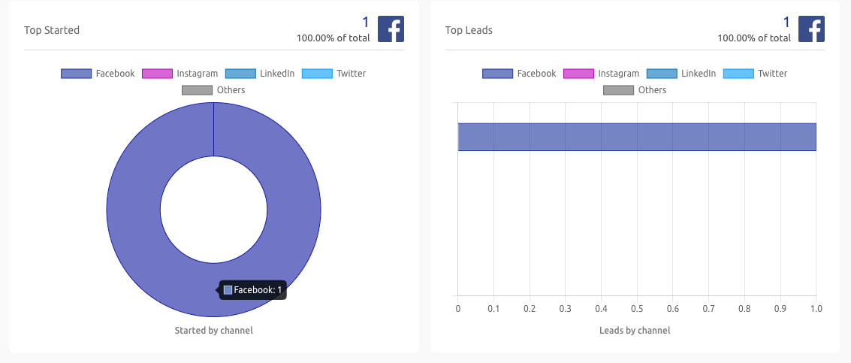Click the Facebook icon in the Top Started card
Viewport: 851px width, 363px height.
391,29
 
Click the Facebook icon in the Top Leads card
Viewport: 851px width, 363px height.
811,29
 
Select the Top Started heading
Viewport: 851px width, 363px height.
52,30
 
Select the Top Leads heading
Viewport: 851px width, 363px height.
469,30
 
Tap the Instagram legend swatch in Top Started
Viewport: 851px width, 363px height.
157,74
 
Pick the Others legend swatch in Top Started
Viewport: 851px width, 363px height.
197,90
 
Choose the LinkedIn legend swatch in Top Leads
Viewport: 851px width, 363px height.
662,74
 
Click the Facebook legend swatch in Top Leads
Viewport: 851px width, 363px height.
497,74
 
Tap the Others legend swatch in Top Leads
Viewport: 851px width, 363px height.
618,90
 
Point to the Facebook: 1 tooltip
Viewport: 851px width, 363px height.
252,290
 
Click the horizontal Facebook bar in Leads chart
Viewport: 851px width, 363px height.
636,137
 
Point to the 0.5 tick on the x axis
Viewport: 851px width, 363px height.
637,309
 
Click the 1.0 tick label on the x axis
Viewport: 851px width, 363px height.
816,309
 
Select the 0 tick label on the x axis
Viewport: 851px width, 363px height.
457,309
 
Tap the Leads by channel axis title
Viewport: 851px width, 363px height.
635,331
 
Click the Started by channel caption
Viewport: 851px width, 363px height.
213,331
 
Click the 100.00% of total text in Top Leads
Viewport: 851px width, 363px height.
753,38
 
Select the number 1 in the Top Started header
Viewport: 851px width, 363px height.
366,22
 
